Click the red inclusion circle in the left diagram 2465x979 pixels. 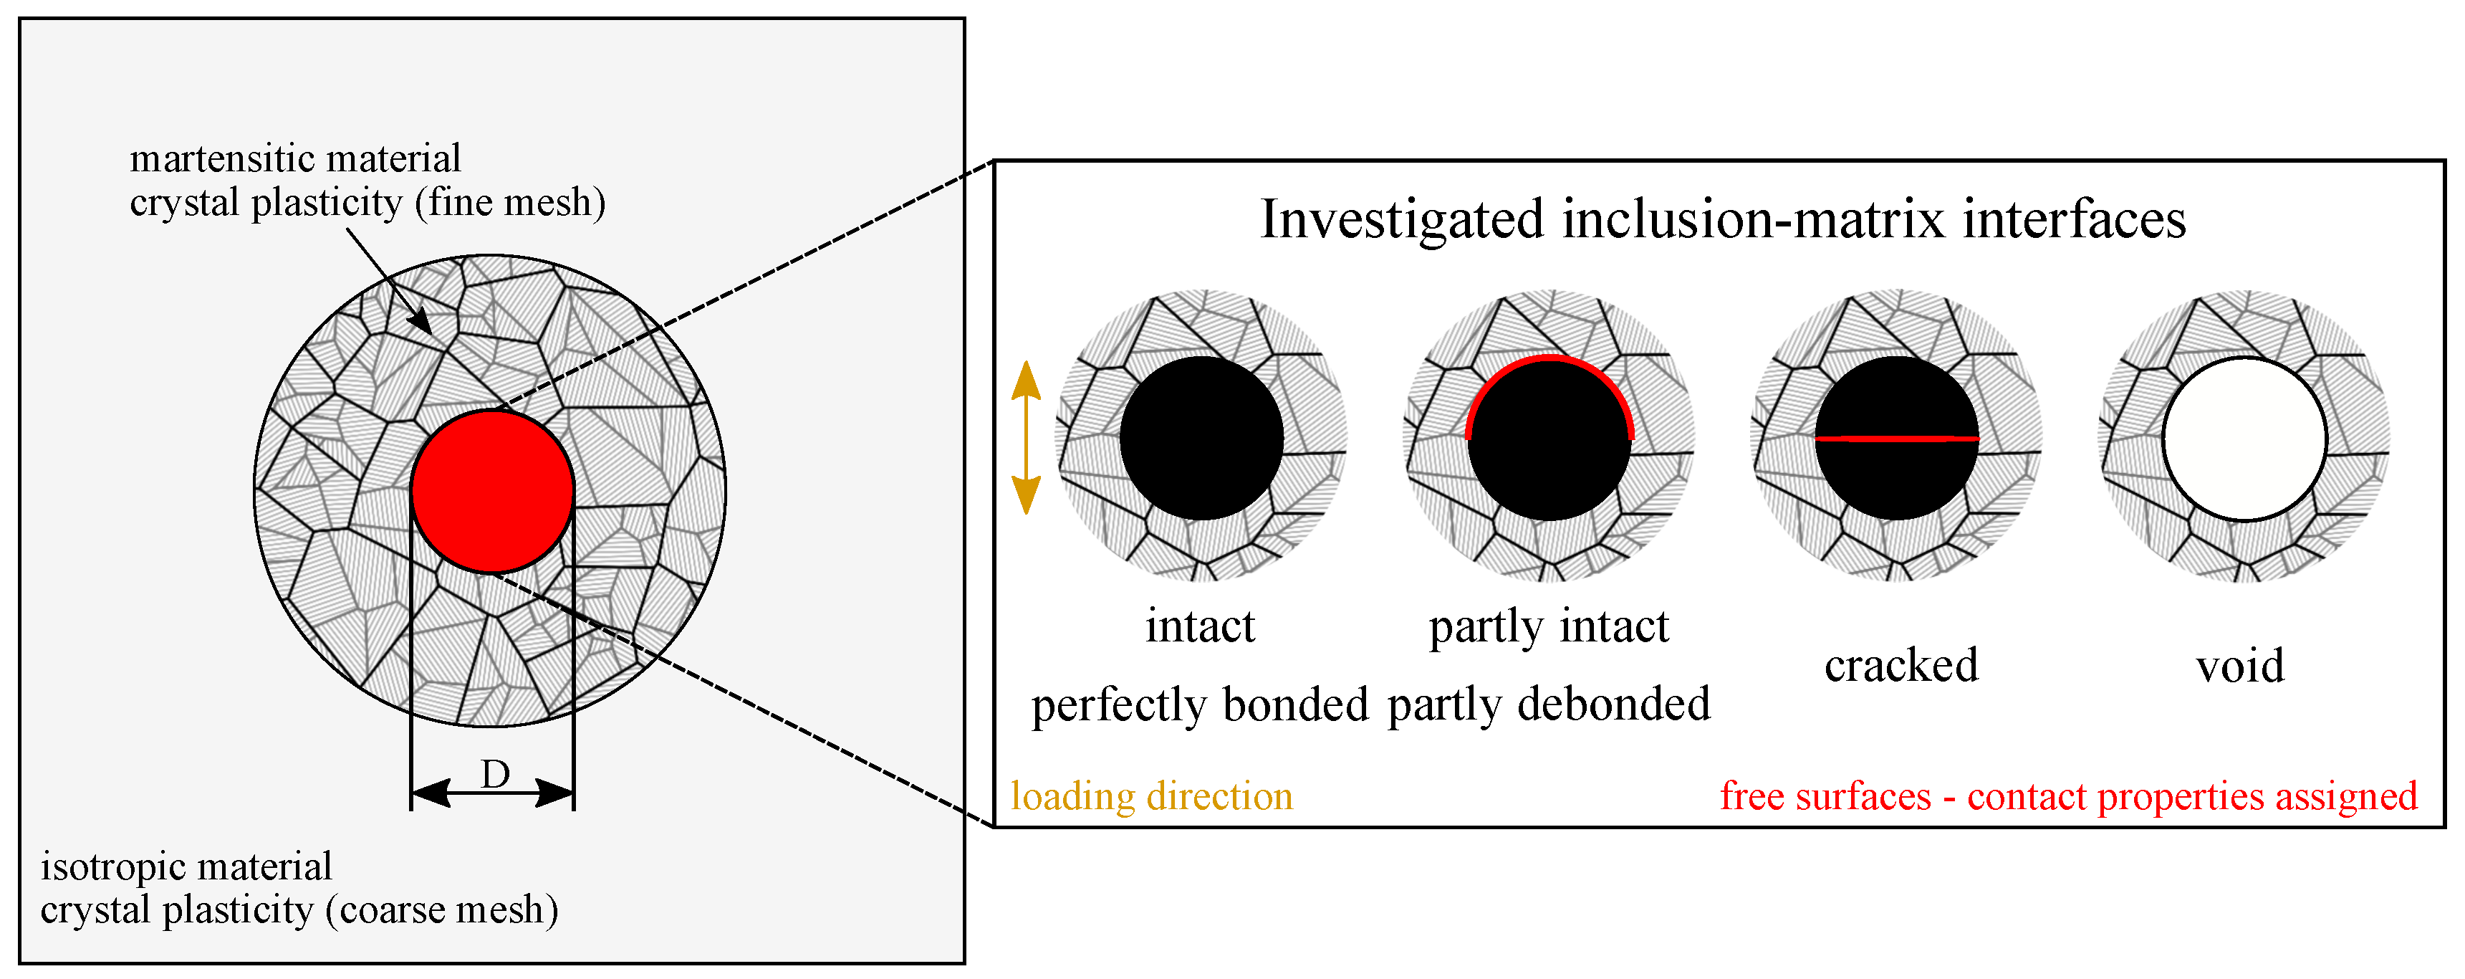[492, 492]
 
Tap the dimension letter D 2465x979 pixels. [495, 774]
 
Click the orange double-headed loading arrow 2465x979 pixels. [1026, 437]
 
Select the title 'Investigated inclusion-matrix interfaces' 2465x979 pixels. [1722, 219]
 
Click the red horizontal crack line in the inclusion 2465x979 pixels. [1897, 439]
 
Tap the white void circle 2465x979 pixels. [2244, 439]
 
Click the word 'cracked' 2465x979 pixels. [1901, 665]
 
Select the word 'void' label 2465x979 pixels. [2239, 666]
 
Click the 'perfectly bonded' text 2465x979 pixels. [1200, 705]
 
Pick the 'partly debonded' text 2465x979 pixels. [1548, 705]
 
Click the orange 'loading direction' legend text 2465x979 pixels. [1151, 796]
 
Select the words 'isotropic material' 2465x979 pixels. [186, 867]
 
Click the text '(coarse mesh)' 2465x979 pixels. [442, 910]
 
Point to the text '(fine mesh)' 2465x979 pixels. [510, 203]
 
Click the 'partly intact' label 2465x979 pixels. [1548, 628]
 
